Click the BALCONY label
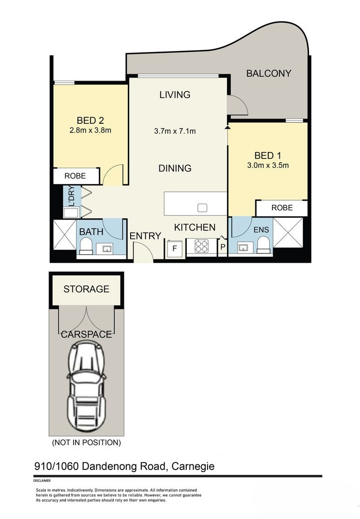[268, 73]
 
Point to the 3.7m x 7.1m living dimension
[175, 131]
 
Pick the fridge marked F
[175, 247]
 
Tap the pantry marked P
[222, 247]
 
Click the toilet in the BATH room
[86, 246]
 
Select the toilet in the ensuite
[263, 245]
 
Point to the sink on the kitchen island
[202, 208]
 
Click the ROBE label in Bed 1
[282, 208]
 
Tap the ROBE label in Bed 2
[76, 176]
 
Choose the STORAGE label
[86, 289]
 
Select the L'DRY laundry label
[71, 196]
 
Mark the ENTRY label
[145, 236]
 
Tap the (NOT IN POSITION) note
[87, 443]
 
